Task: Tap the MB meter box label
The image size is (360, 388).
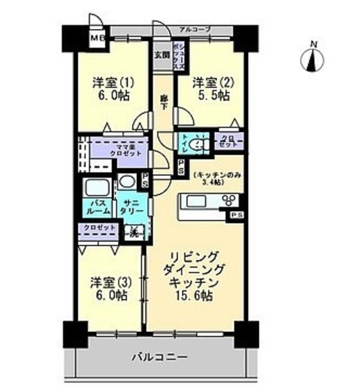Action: [x=96, y=40]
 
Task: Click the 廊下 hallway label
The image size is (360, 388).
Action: [x=164, y=102]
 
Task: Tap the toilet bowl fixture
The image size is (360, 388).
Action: [x=198, y=144]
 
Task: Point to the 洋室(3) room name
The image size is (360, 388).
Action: [x=109, y=282]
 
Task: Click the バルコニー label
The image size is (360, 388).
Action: [x=160, y=356]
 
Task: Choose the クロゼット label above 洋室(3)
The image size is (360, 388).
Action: [x=100, y=227]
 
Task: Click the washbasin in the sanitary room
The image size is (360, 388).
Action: [x=127, y=181]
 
